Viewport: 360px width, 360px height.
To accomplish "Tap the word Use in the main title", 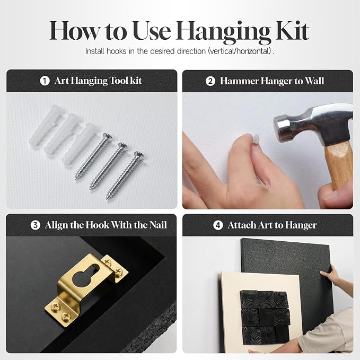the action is pyautogui.click(x=152, y=31).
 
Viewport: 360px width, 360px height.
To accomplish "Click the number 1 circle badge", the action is pyautogui.click(x=45, y=81).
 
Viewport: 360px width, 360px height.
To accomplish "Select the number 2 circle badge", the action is pyautogui.click(x=210, y=81).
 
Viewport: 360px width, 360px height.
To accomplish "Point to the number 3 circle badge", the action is pyautogui.click(x=36, y=225).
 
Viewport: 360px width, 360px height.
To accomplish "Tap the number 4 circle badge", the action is pyautogui.click(x=218, y=225).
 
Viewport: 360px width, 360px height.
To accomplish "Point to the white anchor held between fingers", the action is pyautogui.click(x=256, y=139).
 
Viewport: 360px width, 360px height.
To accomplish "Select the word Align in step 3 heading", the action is pyautogui.click(x=57, y=225).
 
